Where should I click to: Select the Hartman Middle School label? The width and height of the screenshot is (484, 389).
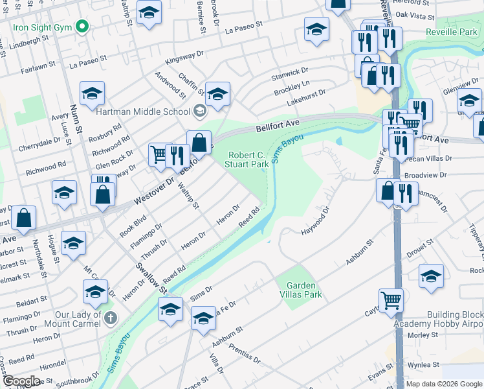click(x=142, y=112)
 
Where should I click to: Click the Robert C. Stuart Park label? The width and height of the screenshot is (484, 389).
click(x=249, y=159)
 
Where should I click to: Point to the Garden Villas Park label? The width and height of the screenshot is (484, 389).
click(x=300, y=289)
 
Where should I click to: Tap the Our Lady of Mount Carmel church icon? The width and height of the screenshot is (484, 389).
click(x=111, y=318)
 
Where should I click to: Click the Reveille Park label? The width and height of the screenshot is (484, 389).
click(x=454, y=32)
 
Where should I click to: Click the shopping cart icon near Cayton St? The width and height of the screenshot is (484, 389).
click(x=391, y=300)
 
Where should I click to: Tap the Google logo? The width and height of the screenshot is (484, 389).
click(x=21, y=381)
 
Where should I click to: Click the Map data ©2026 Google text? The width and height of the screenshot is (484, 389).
click(x=445, y=384)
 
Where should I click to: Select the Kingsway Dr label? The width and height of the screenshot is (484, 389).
click(x=184, y=61)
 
